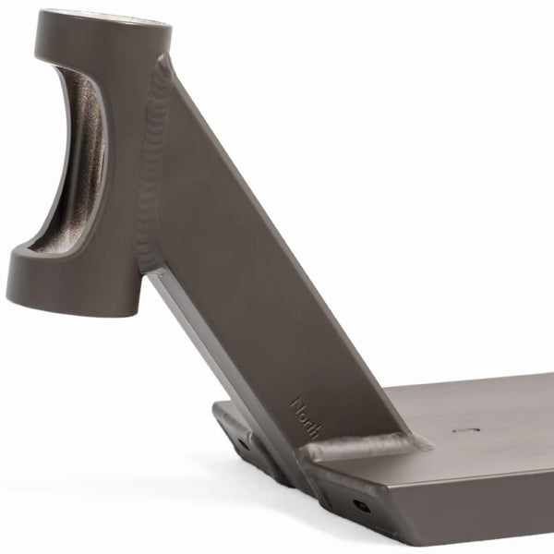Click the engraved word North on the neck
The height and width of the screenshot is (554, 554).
306,418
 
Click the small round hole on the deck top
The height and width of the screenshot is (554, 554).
466,430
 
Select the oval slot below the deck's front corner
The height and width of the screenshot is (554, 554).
361,506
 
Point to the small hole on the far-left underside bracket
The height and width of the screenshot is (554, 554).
243,442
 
